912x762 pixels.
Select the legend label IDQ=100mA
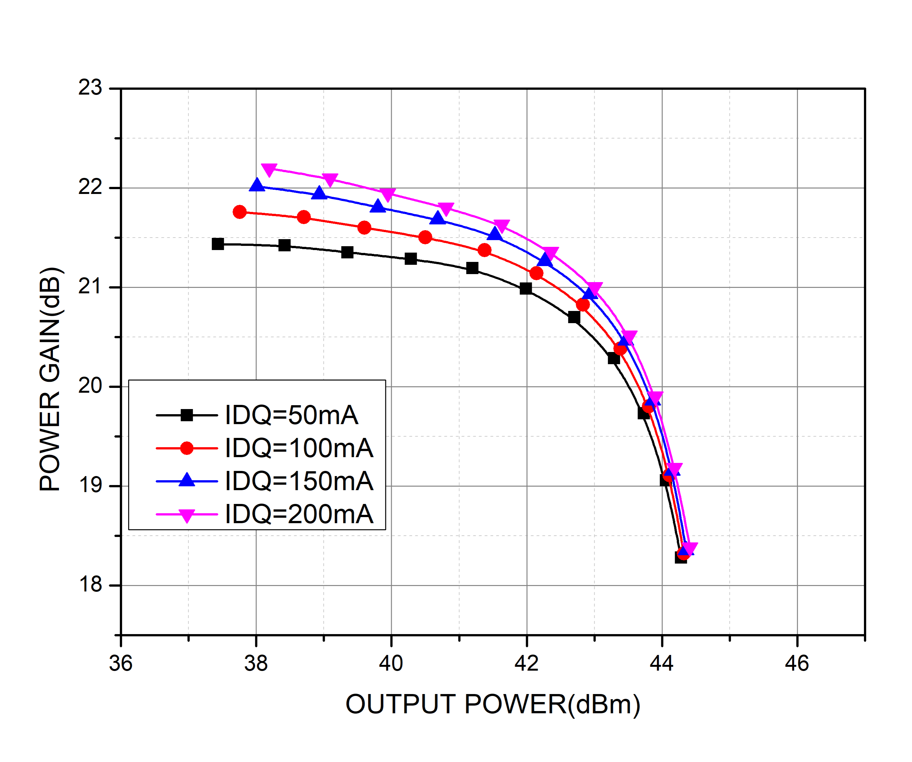[299, 448]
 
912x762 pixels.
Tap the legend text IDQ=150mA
[299, 481]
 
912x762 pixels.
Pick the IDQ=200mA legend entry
[299, 514]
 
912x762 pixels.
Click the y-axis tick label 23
[90, 88]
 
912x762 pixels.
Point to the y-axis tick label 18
[90, 585]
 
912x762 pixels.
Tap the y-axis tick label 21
[90, 287]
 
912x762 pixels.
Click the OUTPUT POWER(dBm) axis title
[492, 704]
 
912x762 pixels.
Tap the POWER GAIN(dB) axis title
[50, 379]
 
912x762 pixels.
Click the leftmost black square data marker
[218, 244]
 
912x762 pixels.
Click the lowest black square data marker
[680, 557]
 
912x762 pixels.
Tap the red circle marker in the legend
[187, 448]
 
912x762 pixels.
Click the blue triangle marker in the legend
[187, 480]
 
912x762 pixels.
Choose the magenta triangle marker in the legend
[187, 515]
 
